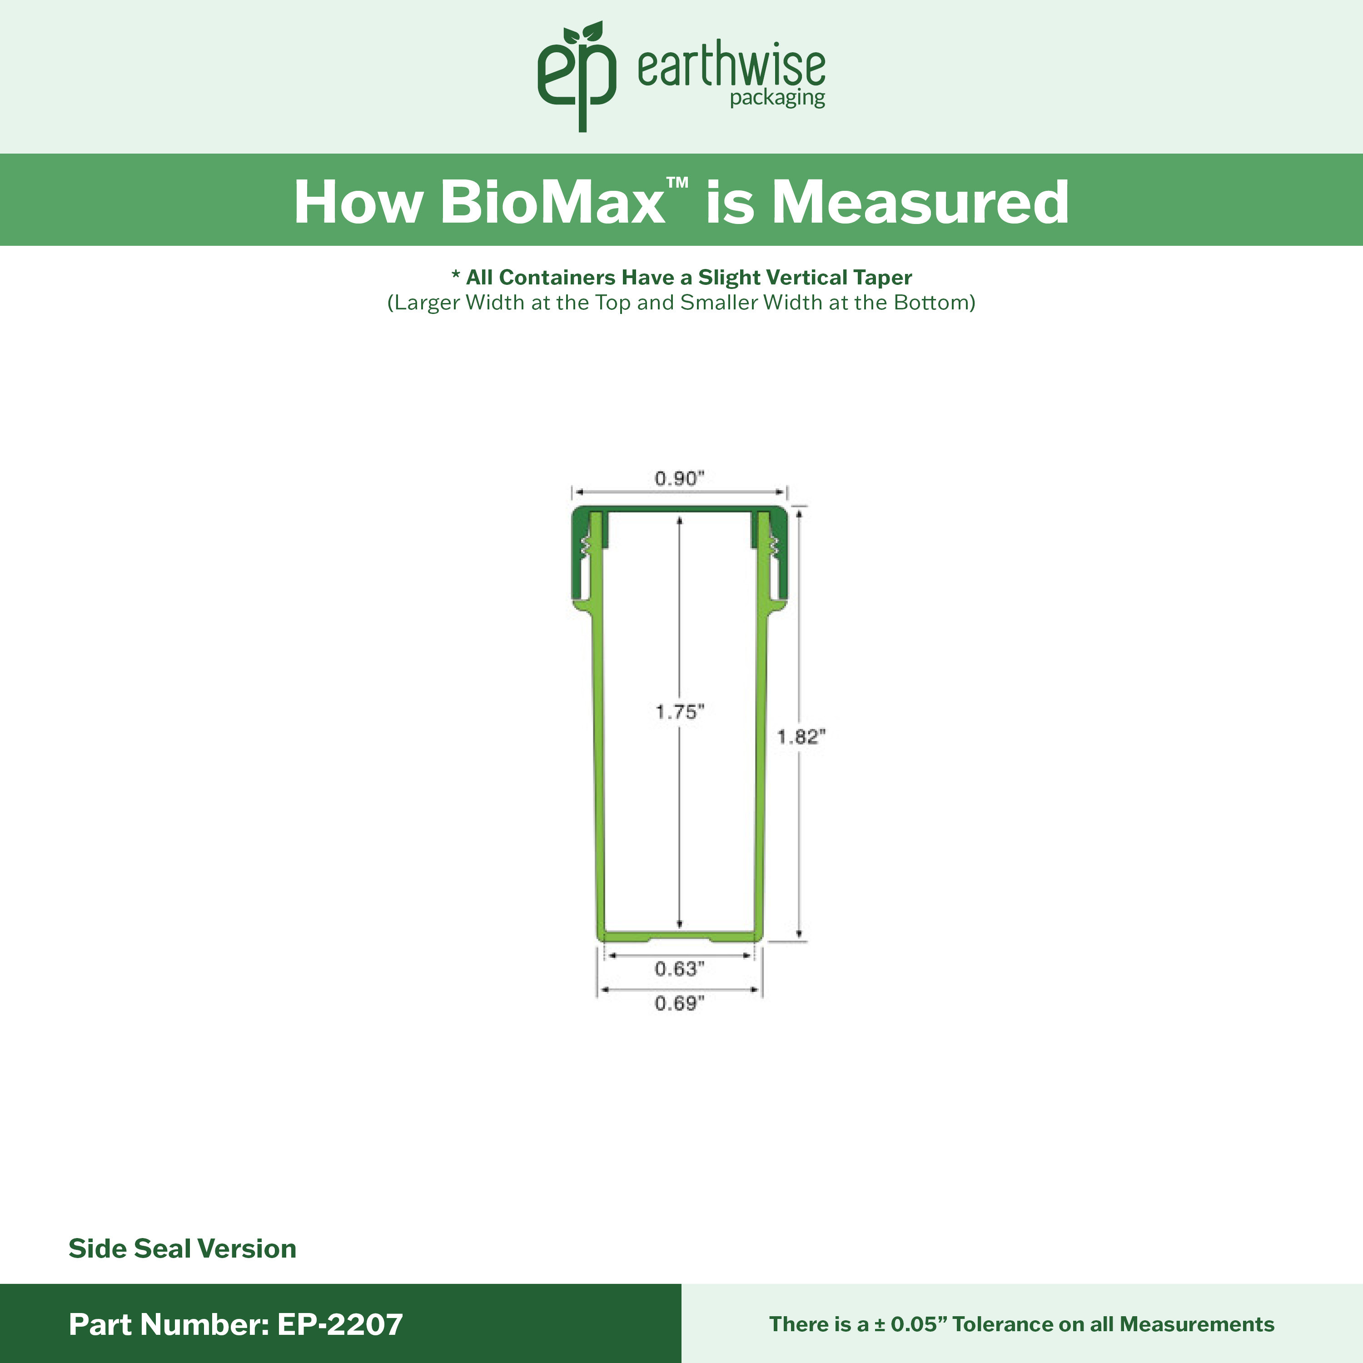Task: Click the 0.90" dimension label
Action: [x=679, y=478]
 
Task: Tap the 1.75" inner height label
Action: [x=679, y=712]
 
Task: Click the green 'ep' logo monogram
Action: [x=577, y=76]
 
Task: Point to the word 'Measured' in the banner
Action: [x=920, y=203]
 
